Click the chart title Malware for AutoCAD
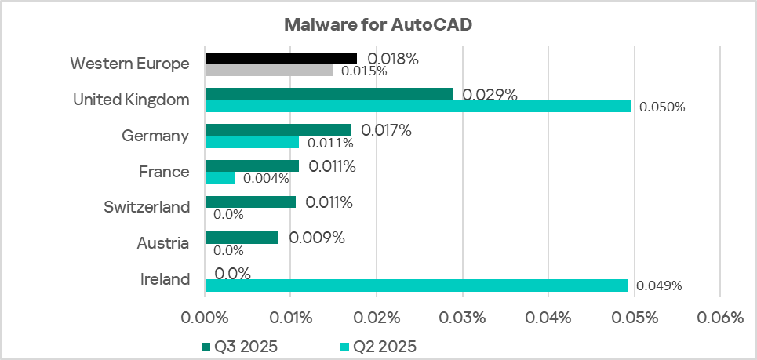pos(377,24)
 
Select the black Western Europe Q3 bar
pos(281,58)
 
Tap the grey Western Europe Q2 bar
pos(269,71)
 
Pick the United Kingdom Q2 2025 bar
pos(418,107)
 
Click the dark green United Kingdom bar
pos(329,94)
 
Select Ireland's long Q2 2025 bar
pos(417,285)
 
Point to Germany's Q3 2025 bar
pos(278,129)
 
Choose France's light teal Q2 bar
pos(220,178)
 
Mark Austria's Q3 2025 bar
pos(242,237)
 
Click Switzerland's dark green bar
pos(250,202)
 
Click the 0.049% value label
pos(659,286)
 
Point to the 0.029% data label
pos(490,95)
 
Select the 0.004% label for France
pos(267,179)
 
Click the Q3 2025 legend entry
pos(239,346)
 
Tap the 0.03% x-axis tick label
pos(462,318)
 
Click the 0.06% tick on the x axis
pos(719,318)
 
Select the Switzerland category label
pos(147,207)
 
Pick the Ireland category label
pos(164,279)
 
